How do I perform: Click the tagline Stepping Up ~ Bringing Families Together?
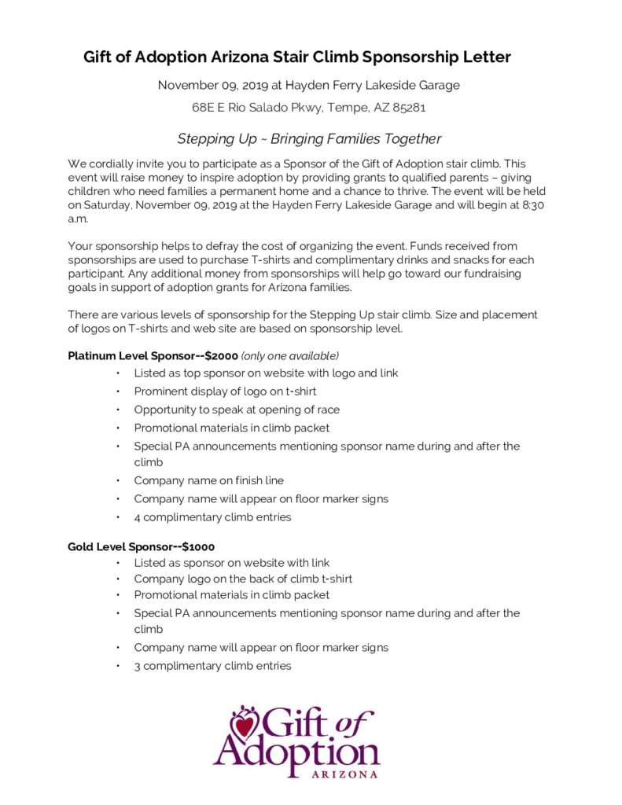[x=309, y=139]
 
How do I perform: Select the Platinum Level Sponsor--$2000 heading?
[x=153, y=355]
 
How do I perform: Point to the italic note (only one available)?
[x=290, y=355]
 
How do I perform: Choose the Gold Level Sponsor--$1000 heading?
[x=141, y=546]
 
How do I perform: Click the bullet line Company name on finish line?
[x=208, y=480]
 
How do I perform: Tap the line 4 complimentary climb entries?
[x=212, y=517]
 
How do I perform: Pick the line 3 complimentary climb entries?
[x=212, y=666]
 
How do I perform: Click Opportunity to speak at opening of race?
[x=237, y=410]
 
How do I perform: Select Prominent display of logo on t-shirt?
[x=225, y=391]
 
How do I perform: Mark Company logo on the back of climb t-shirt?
[x=243, y=579]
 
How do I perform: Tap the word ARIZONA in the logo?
[x=345, y=774]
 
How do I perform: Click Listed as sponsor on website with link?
[x=231, y=563]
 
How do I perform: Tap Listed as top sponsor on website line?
[x=266, y=373]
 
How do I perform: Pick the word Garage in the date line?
[x=438, y=85]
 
